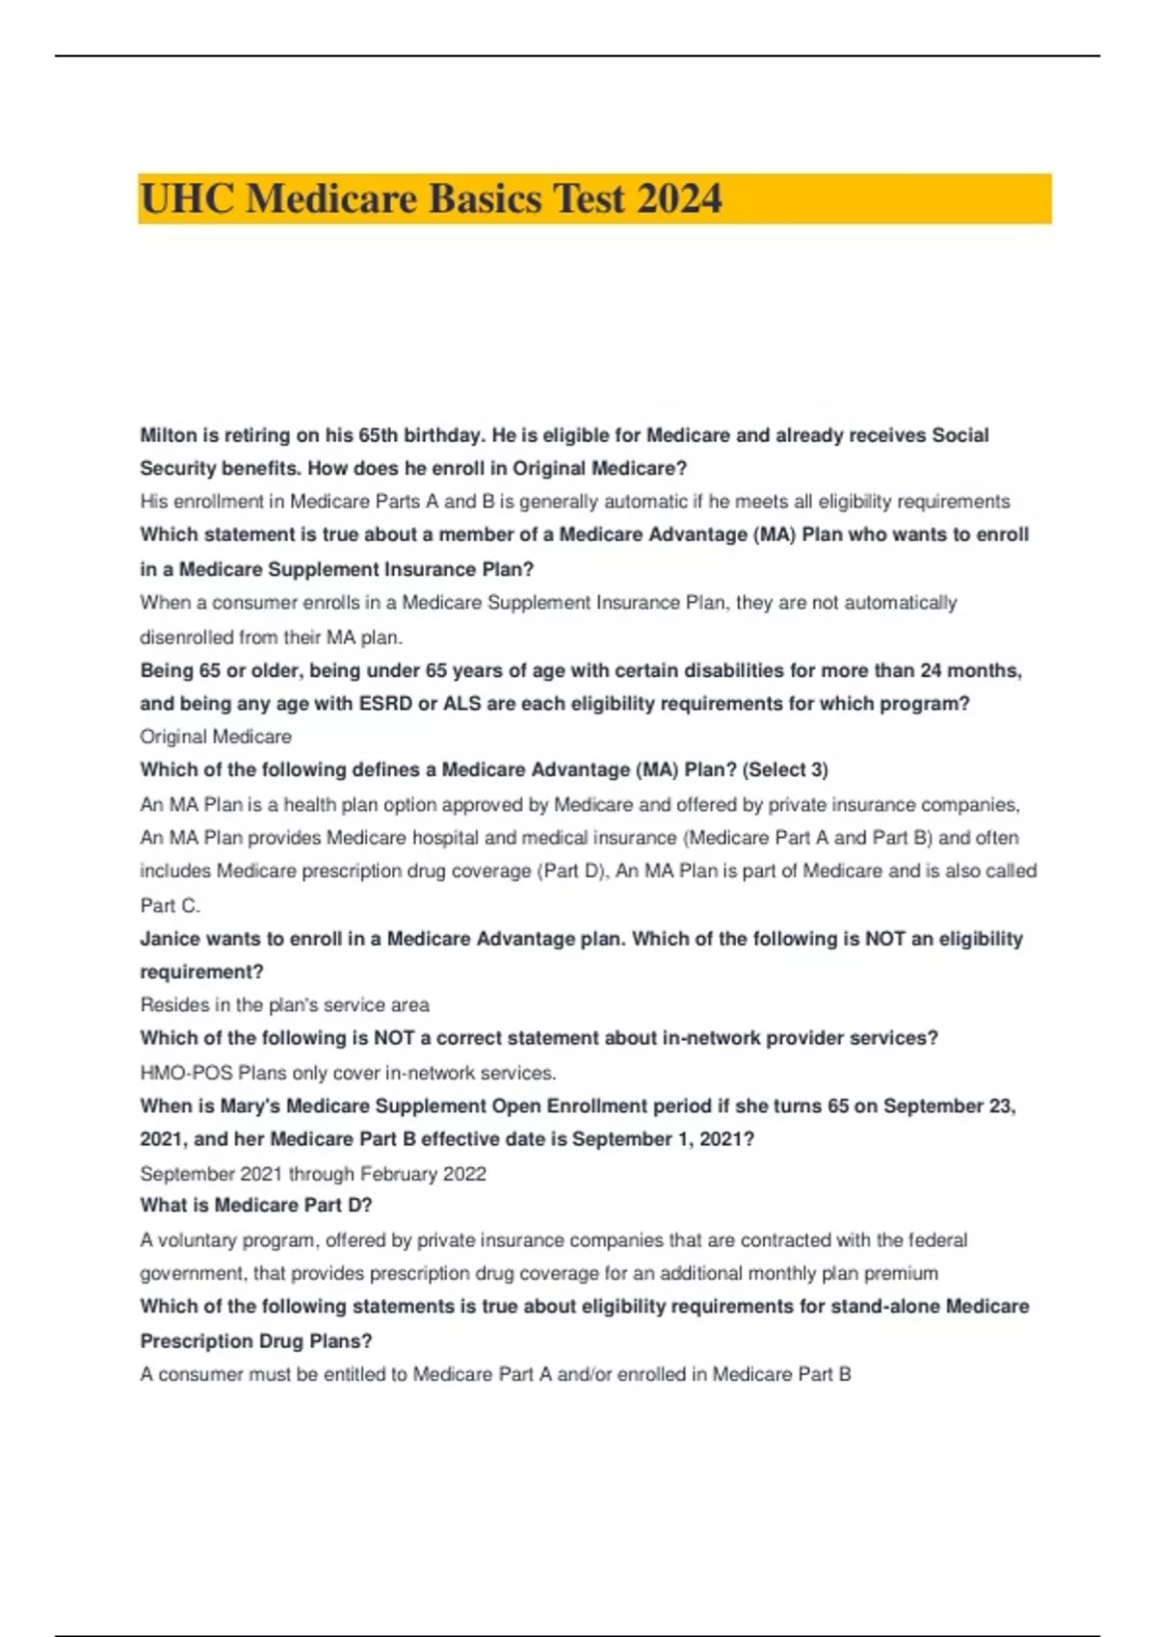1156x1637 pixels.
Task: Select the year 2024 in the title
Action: pyautogui.click(x=679, y=199)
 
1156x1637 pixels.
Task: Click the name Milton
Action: pyautogui.click(x=169, y=435)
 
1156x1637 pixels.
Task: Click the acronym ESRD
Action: pyautogui.click(x=385, y=704)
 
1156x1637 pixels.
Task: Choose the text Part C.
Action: pyautogui.click(x=170, y=905)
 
